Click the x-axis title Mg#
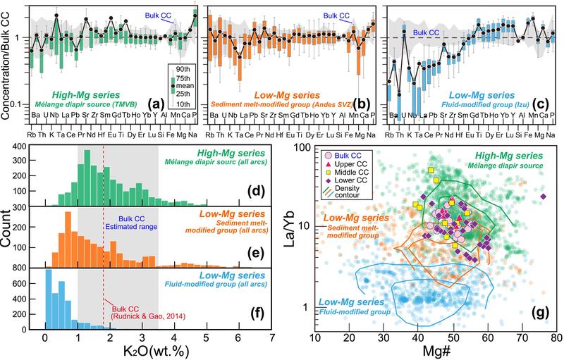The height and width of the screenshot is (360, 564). [434, 351]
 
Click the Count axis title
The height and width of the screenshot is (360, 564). [9, 236]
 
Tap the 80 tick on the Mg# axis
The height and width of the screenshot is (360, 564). [556, 340]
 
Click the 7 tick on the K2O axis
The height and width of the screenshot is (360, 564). [272, 340]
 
